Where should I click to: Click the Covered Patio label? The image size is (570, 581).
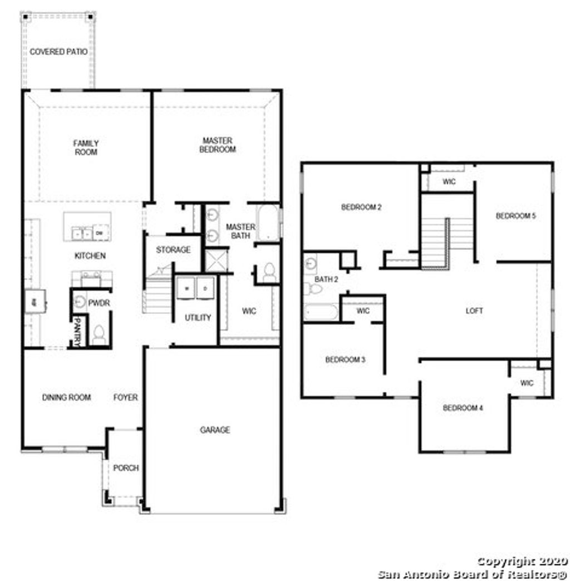pyautogui.click(x=58, y=52)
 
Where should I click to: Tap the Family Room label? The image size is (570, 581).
pyautogui.click(x=86, y=147)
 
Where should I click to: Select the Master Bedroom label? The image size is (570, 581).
pyautogui.click(x=217, y=145)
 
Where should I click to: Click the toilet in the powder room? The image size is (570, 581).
pyautogui.click(x=99, y=334)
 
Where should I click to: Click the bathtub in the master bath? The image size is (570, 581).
pyautogui.click(x=268, y=223)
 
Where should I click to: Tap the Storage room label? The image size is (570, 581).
pyautogui.click(x=173, y=250)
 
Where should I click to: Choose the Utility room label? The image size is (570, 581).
pyautogui.click(x=198, y=318)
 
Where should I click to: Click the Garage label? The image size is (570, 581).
pyautogui.click(x=215, y=430)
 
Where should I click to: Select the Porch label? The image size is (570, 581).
pyautogui.click(x=126, y=468)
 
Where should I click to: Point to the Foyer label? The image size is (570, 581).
pyautogui.click(x=126, y=397)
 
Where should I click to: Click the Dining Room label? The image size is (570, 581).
pyautogui.click(x=66, y=397)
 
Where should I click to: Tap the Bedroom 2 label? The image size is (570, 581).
pyautogui.click(x=361, y=208)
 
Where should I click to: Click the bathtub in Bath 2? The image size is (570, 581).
pyautogui.click(x=321, y=312)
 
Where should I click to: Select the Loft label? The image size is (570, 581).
pyautogui.click(x=474, y=311)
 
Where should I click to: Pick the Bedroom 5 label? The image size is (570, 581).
pyautogui.click(x=515, y=216)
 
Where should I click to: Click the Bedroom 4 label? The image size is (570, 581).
pyautogui.click(x=463, y=408)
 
